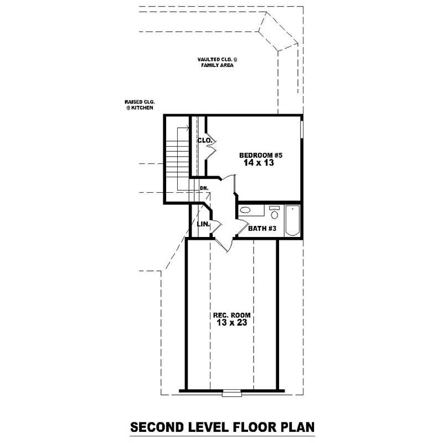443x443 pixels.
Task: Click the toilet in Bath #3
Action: click(x=274, y=213)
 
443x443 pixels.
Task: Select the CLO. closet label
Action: click(x=204, y=141)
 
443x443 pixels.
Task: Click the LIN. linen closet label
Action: click(x=203, y=224)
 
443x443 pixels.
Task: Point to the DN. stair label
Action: click(x=204, y=188)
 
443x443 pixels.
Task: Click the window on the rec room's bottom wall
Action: click(x=229, y=394)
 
